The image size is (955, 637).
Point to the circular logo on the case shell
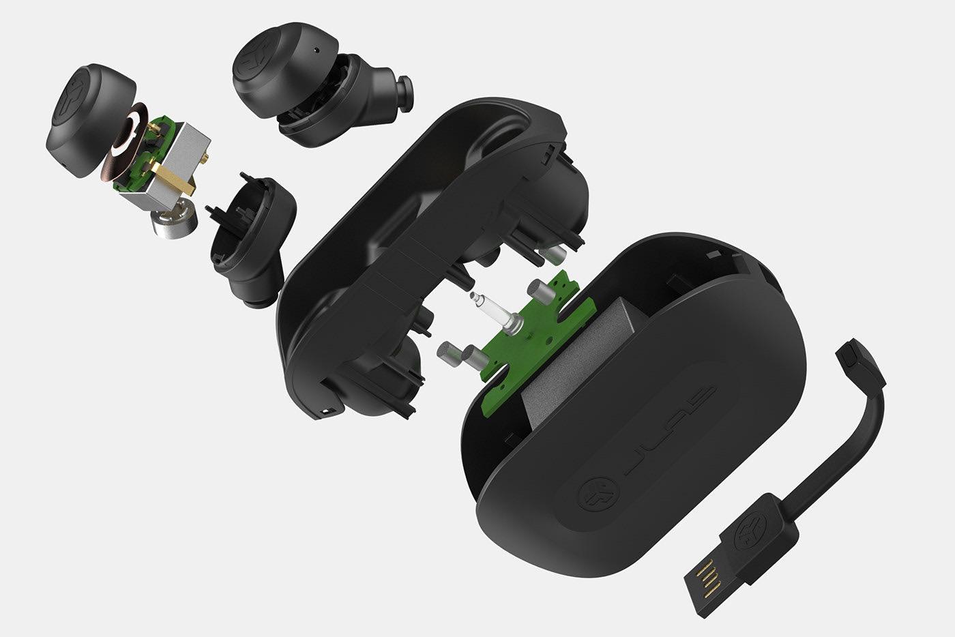point(598,492)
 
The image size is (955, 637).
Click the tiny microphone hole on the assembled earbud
point(316,50)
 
